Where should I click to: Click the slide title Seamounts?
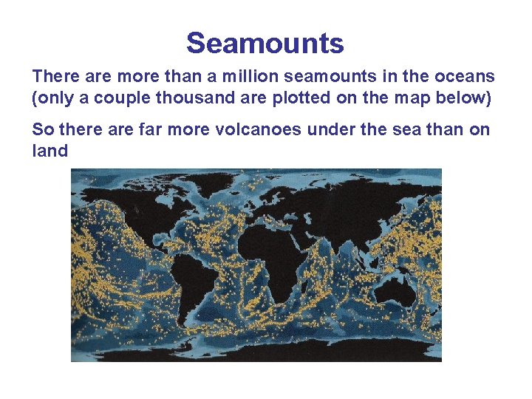[265, 44]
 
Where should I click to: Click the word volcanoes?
[257, 130]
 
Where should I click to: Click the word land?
[50, 151]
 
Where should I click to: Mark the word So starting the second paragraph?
[42, 130]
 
